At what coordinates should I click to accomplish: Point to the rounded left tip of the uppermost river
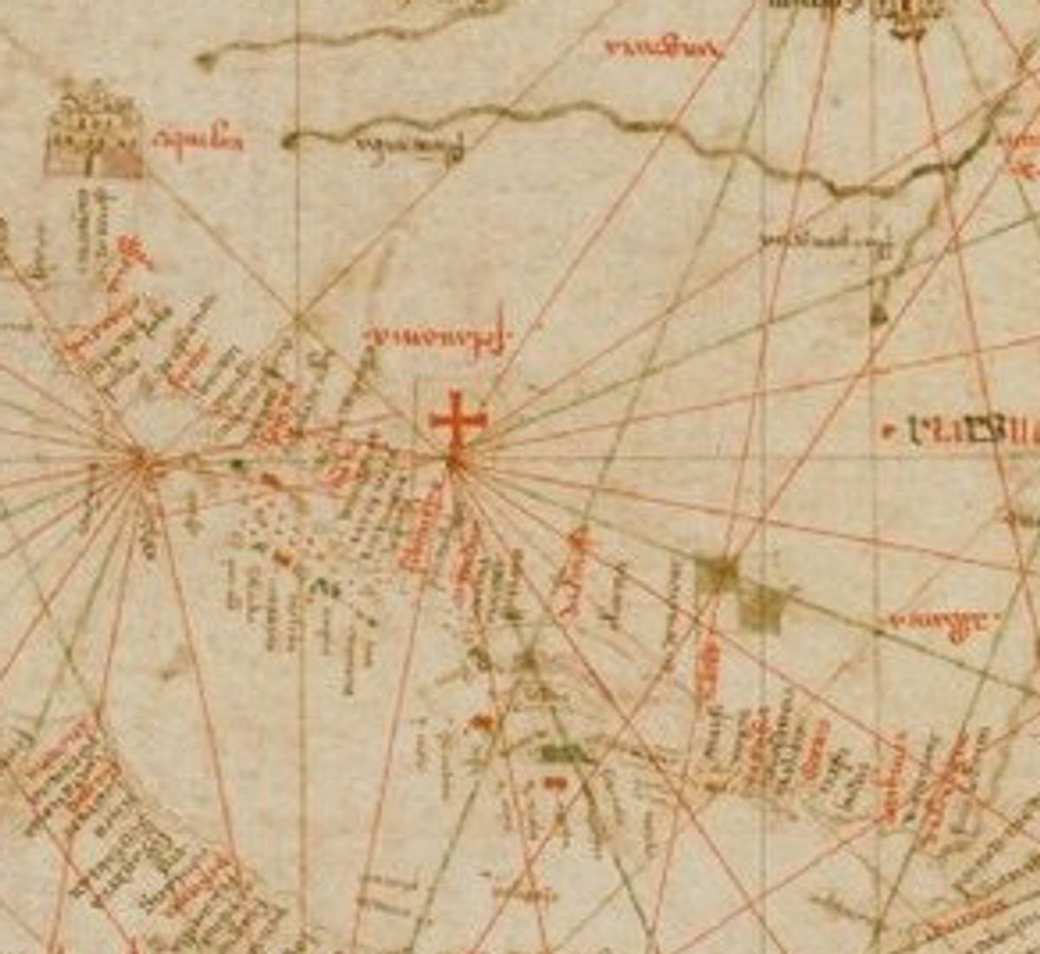tap(205, 61)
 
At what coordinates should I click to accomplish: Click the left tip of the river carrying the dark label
tap(289, 140)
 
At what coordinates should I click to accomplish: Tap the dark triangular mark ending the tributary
tap(879, 314)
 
